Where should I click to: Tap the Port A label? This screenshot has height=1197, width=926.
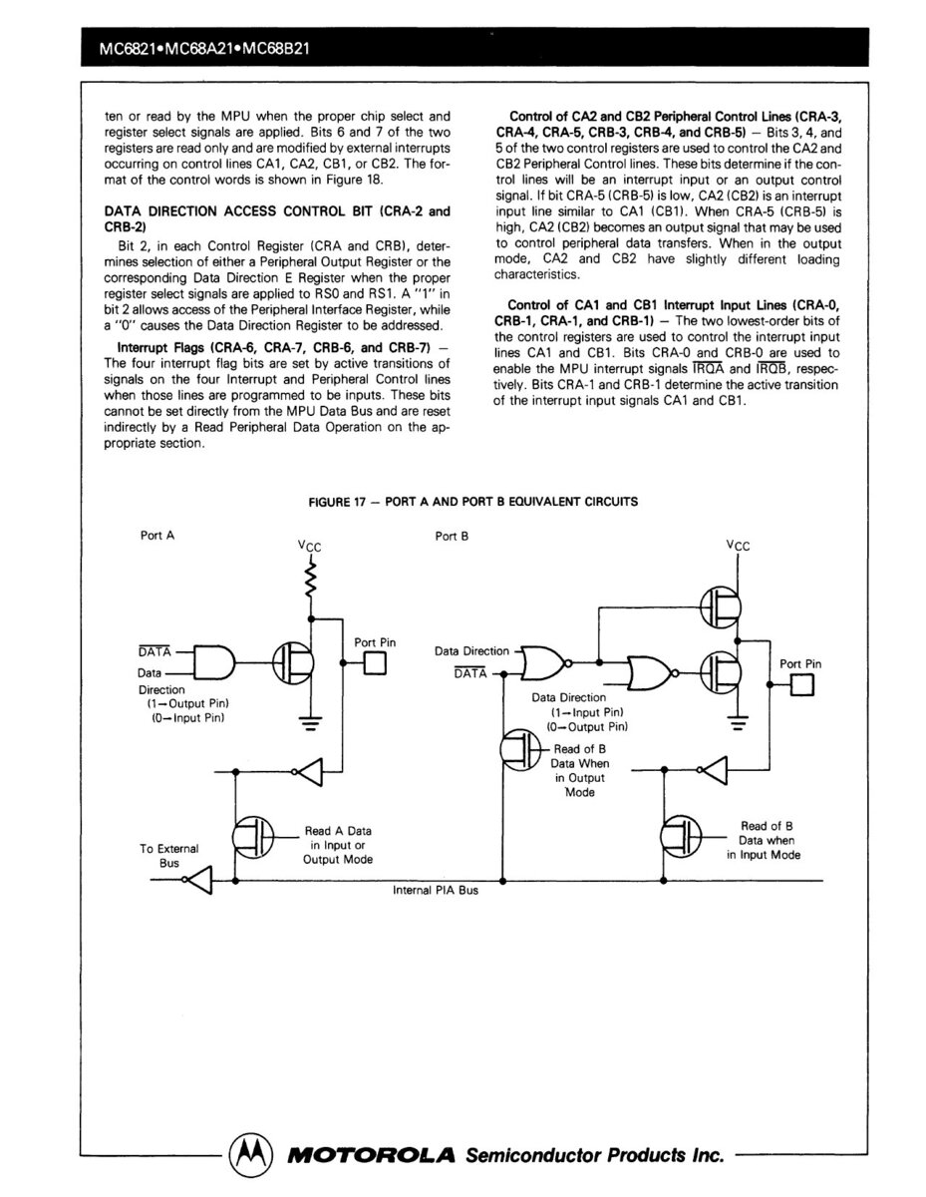pos(157,536)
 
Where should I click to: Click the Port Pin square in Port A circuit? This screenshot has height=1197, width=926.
pos(374,662)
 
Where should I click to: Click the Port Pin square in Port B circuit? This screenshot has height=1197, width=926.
pos(801,684)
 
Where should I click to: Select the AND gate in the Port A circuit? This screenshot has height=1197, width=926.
pos(213,662)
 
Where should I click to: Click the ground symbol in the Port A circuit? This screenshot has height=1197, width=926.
pos(312,723)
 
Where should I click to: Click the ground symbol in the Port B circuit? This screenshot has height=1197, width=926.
pos(739,723)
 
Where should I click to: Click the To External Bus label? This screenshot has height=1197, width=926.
pos(168,856)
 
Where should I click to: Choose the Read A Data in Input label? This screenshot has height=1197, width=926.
pos(338,845)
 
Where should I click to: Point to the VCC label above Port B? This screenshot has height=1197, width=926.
pos(739,546)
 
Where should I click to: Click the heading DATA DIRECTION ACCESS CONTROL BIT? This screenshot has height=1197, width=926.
pos(276,217)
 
